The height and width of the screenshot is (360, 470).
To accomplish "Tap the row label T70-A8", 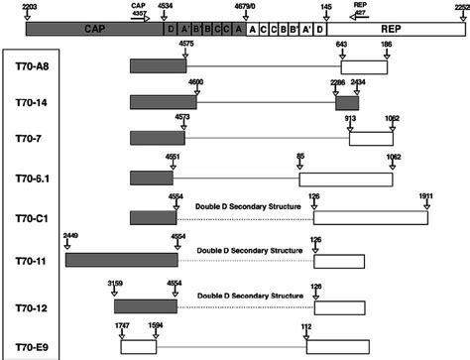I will pos(34,65).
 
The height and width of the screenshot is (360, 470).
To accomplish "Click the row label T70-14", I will pos(34,102).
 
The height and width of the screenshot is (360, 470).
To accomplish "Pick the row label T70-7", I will pos(32,139).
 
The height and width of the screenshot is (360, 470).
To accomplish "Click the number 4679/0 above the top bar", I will pos(241,6).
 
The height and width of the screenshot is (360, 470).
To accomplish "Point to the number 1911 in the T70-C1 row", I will pos(427,196).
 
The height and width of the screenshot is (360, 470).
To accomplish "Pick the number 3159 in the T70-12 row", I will pos(116,284).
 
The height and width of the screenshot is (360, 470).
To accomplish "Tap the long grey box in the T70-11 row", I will pos(120,260).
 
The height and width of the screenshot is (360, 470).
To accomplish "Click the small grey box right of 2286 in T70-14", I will pos(348,102).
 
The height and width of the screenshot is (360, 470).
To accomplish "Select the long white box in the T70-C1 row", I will pos(371,217).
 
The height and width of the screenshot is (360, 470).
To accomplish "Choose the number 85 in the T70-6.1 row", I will pos(301,157).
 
